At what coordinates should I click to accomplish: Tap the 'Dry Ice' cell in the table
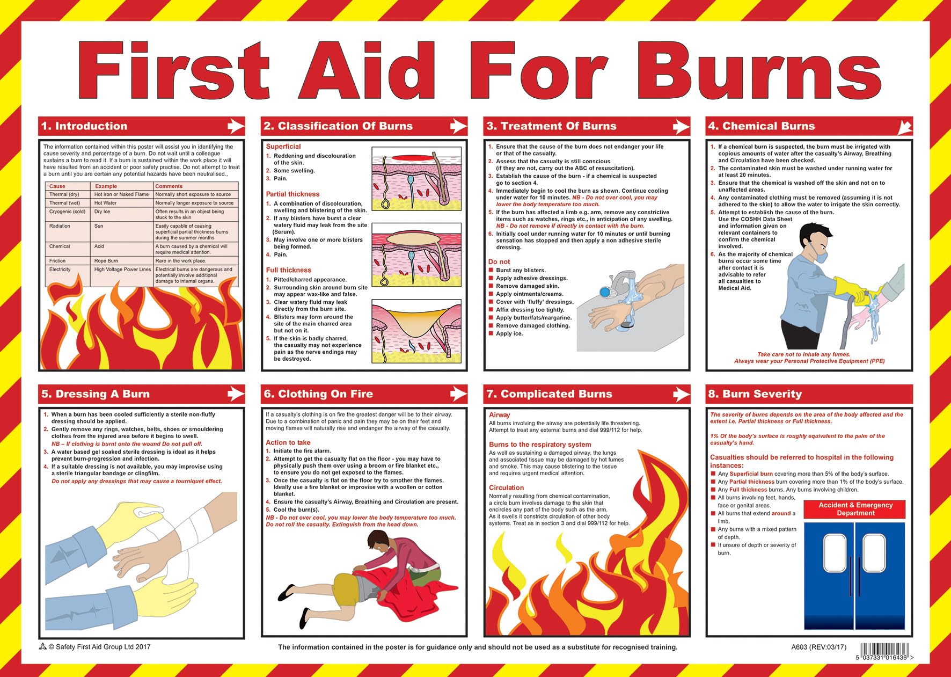pyautogui.click(x=102, y=212)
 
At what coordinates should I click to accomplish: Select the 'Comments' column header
pyautogui.click(x=169, y=186)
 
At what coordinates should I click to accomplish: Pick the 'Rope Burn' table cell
pyautogui.click(x=106, y=261)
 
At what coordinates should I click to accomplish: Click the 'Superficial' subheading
pyautogui.click(x=283, y=147)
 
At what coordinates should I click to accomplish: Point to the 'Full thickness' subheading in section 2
pyautogui.click(x=288, y=270)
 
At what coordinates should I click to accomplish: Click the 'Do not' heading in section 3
pyautogui.click(x=499, y=262)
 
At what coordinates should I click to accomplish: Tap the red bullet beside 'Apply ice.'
pyautogui.click(x=491, y=333)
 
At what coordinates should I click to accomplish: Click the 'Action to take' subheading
pyautogui.click(x=288, y=442)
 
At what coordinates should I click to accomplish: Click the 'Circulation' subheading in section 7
pyautogui.click(x=506, y=487)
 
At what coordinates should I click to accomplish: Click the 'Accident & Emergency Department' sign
pyautogui.click(x=855, y=509)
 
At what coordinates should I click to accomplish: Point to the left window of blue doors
pyautogui.click(x=835, y=553)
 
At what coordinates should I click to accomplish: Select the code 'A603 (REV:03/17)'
pyautogui.click(x=818, y=647)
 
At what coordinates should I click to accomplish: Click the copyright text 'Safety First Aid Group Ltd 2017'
pyautogui.click(x=99, y=647)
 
